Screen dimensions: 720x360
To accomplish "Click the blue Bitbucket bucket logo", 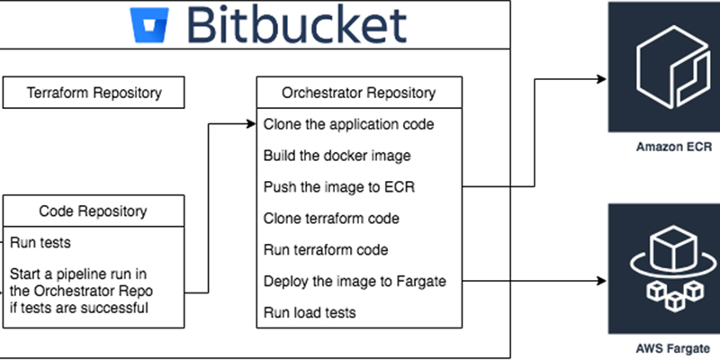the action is (149, 25).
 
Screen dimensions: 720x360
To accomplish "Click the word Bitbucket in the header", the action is (297, 25).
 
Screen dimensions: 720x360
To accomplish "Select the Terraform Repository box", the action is (94, 93).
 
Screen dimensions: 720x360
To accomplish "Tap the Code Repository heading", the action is (94, 211).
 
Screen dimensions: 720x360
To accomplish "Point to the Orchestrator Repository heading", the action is (358, 93).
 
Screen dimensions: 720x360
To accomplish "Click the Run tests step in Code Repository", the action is (40, 242).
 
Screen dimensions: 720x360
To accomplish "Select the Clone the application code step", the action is (348, 124).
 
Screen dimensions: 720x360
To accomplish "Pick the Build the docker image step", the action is (337, 156).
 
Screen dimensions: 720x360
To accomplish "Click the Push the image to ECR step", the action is (339, 187).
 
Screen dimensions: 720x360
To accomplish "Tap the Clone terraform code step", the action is (331, 218).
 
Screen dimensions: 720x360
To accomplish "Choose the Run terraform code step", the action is (326, 250).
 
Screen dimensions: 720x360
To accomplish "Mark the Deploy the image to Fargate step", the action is (355, 281).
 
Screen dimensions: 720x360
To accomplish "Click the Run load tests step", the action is (310, 312).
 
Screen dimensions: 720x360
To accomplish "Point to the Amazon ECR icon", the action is (664, 67).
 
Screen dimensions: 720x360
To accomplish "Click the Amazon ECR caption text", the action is (673, 147).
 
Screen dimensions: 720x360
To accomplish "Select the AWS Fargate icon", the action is (664, 268).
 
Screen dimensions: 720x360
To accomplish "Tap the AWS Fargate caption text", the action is (672, 348).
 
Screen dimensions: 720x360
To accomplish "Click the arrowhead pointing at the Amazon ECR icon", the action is (601, 79).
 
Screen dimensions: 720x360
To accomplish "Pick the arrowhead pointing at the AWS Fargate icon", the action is (601, 281).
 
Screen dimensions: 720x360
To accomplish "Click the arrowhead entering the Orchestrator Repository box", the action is (251, 124).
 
